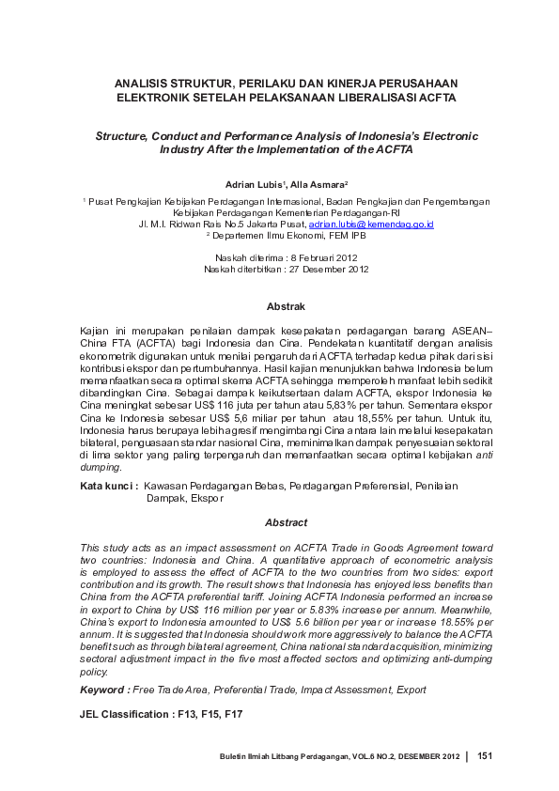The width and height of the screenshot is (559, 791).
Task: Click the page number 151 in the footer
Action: pos(486,756)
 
